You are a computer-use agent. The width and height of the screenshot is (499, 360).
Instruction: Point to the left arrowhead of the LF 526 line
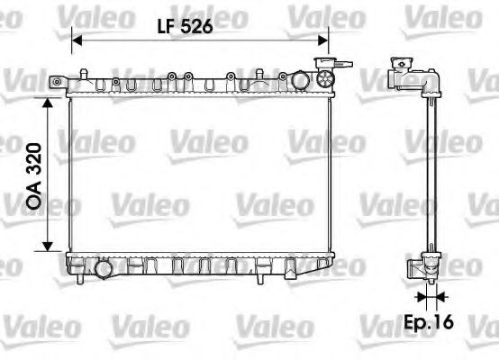click(x=76, y=40)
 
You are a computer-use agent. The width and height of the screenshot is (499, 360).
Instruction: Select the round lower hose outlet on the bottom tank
click(x=103, y=267)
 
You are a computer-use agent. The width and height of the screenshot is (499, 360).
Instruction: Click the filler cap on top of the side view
click(x=399, y=68)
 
